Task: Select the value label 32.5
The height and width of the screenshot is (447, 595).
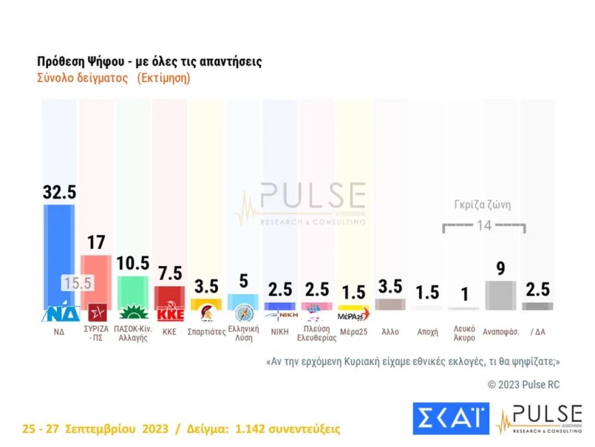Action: coord(59,192)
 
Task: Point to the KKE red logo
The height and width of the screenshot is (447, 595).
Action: coord(170,314)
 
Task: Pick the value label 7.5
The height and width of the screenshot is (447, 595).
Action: coord(170,273)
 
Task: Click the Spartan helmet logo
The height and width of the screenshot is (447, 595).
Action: coord(206,313)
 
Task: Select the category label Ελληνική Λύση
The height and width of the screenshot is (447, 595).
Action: coord(243,333)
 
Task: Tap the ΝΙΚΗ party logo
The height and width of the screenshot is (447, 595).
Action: coord(279,314)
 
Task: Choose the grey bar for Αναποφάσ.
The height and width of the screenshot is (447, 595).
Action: coord(501,295)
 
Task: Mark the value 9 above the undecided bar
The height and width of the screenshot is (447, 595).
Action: coord(501,268)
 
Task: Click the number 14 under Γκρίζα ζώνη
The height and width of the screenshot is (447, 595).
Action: coord(484,225)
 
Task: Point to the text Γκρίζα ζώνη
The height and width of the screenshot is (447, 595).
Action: coord(483,205)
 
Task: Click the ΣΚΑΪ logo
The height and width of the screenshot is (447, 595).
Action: coord(450,419)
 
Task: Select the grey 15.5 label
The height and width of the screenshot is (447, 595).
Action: coord(77,284)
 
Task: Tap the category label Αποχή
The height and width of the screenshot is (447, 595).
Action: coord(427,332)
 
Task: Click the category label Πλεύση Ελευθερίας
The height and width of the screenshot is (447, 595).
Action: coord(317,333)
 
